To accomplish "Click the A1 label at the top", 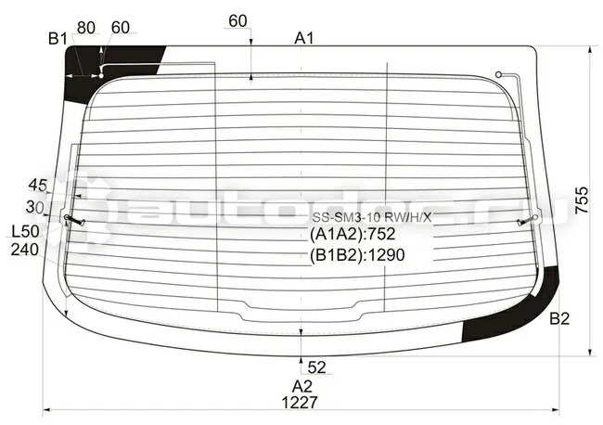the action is [304, 38].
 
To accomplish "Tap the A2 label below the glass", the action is [301, 386].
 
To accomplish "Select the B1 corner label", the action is [58, 39].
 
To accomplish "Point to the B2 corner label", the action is [559, 318].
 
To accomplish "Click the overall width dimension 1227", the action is [300, 403].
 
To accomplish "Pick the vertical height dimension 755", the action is [582, 200].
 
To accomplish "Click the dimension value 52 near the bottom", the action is [316, 367].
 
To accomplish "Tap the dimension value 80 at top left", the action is [86, 28].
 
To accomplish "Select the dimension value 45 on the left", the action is [38, 186].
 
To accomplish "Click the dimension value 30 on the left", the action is [34, 207].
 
